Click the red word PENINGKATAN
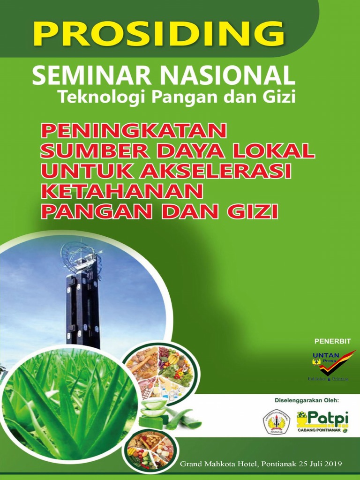pyautogui.click(x=134, y=130)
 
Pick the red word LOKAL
pyautogui.click(x=277, y=151)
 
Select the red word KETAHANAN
pyautogui.click(x=122, y=192)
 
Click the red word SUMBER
pyautogui.click(x=92, y=151)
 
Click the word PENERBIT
pyautogui.click(x=332, y=341)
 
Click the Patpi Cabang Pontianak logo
pyautogui.click(x=322, y=421)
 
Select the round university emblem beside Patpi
pyautogui.click(x=276, y=421)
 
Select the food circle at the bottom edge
pyautogui.click(x=150, y=450)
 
